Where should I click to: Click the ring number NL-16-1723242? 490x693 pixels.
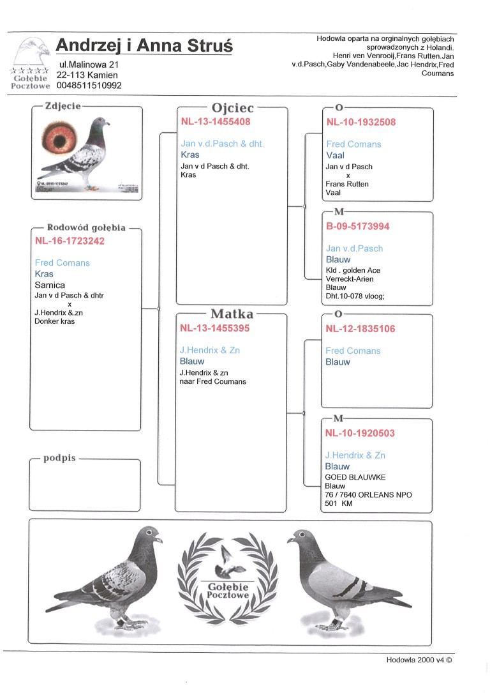[70, 241]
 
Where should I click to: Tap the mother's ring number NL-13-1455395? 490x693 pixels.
[214, 328]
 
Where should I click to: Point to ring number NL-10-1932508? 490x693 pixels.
[360, 122]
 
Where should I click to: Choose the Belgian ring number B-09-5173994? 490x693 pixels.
[357, 226]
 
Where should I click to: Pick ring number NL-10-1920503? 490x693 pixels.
[360, 433]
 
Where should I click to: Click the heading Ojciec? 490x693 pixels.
[232, 108]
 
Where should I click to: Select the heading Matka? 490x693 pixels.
[232, 314]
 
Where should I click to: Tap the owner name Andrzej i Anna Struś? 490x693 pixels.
[144, 45]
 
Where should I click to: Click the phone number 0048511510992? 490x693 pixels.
[89, 85]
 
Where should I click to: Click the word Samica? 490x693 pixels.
[50, 285]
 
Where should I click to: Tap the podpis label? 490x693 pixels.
[59, 458]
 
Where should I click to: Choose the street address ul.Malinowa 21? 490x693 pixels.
[88, 65]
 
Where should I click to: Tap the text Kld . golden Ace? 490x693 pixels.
[353, 270]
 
